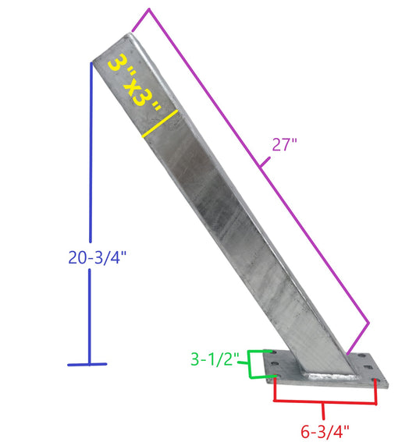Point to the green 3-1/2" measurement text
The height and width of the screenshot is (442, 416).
coord(219,360)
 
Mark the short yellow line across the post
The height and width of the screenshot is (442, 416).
coord(162,124)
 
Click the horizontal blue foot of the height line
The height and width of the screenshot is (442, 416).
coord(87,364)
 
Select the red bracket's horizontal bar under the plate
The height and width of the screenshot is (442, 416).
coord(325,403)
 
